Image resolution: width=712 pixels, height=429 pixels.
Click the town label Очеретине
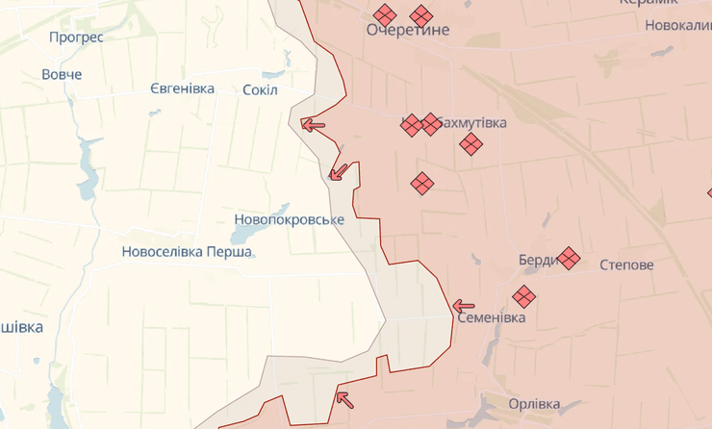coord(408,31)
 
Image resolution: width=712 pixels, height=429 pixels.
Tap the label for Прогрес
coord(76,38)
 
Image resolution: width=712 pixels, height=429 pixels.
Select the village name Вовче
coord(62,74)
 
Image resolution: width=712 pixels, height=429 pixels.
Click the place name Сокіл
coord(260,89)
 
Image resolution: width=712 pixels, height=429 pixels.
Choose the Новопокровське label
coord(289,219)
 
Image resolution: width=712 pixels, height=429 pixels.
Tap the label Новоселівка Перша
coord(187,252)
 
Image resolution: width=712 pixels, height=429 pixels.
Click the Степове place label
coord(626,265)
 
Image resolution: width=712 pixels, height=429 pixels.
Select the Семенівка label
coord(491,317)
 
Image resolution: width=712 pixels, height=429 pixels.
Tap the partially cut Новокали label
coord(677,25)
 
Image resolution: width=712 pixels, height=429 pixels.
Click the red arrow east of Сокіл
coord(313,124)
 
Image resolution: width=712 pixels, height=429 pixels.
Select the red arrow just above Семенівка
coord(464,307)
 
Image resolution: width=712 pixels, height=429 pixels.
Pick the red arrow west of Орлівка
coord(344,399)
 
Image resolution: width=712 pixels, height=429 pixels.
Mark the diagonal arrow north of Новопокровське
coord(338,172)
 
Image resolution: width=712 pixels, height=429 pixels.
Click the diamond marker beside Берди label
coord(569,258)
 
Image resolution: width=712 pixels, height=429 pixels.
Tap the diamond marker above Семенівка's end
coord(523,296)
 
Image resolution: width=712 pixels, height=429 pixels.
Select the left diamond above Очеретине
coord(385,15)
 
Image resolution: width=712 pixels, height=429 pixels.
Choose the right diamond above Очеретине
coord(420,15)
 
